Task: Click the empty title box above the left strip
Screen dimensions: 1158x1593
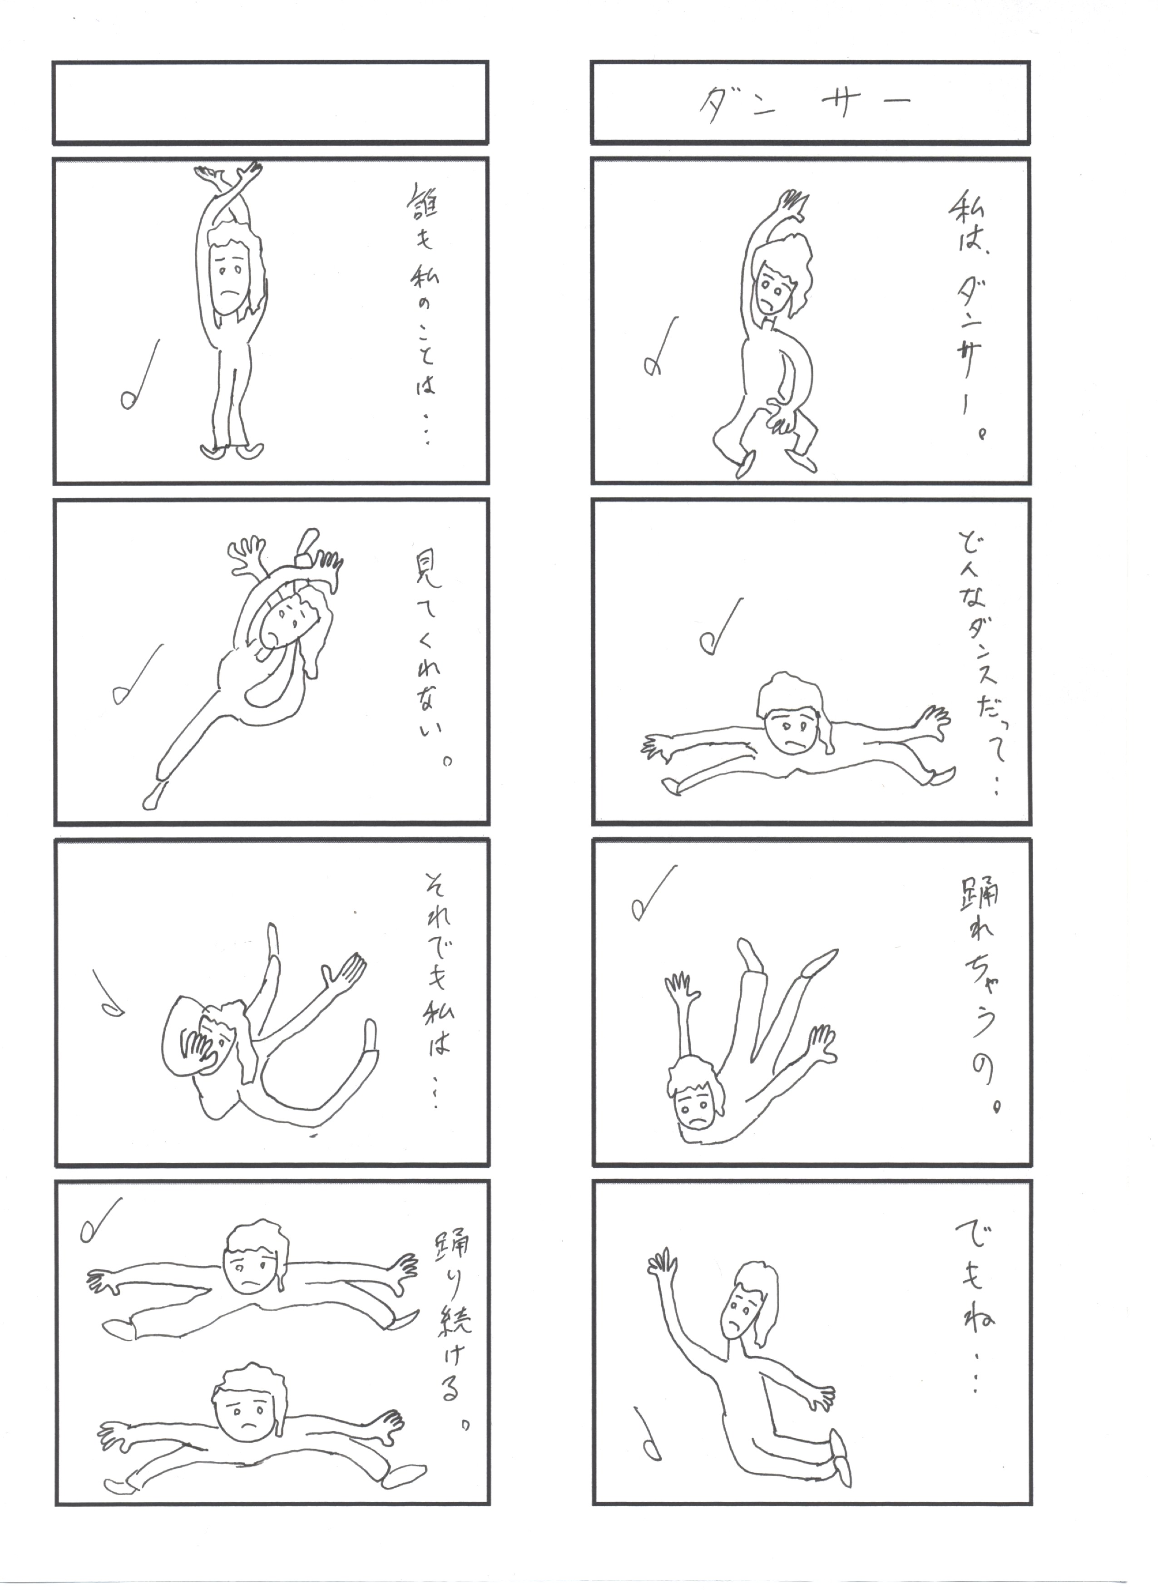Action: point(271,102)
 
